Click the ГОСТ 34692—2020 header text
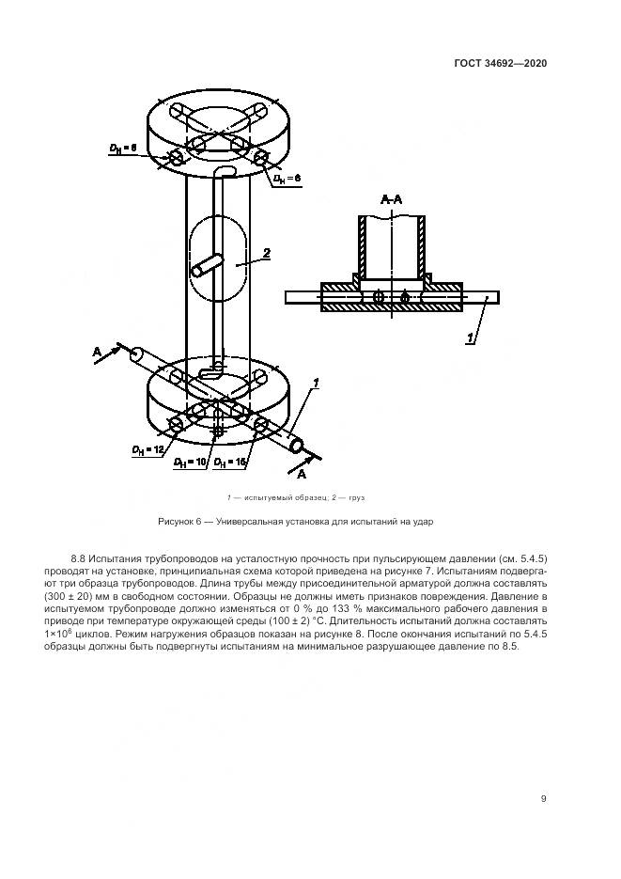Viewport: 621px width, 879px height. point(501,63)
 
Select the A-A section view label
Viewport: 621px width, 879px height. point(391,200)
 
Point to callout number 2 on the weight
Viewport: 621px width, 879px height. point(267,253)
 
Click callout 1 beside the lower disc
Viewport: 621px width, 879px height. point(317,382)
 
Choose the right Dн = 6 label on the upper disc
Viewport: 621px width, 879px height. point(286,178)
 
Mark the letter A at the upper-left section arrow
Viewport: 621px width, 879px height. point(97,351)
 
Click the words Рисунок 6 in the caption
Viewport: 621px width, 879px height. point(179,520)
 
